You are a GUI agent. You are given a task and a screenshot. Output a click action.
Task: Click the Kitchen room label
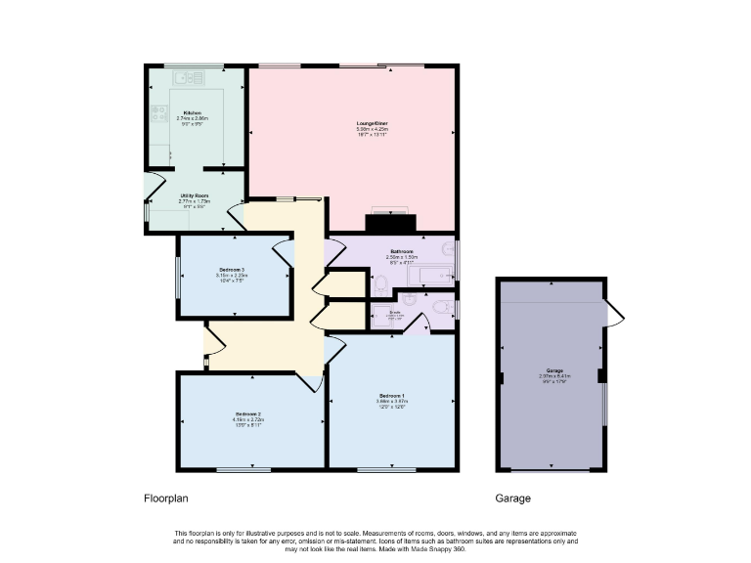[x=192, y=113]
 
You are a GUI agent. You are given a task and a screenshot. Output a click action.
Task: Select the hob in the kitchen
[x=157, y=116]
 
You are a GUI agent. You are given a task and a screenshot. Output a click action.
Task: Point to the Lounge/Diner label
[x=372, y=123]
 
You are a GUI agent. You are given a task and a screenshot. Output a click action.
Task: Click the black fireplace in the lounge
[x=390, y=223]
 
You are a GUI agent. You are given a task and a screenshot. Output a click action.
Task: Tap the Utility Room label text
[x=195, y=195]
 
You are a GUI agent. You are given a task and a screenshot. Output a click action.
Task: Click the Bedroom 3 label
[x=232, y=269]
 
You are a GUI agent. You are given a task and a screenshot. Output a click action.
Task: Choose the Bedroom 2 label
[x=246, y=413]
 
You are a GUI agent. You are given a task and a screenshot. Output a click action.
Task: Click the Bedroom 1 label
[x=391, y=395]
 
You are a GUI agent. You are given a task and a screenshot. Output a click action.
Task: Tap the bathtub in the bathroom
[x=431, y=277]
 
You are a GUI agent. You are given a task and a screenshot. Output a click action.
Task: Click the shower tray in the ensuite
[x=391, y=316]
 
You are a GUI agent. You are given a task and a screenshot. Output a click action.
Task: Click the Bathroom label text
[x=401, y=251]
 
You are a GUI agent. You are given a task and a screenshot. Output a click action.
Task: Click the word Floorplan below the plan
[x=163, y=498]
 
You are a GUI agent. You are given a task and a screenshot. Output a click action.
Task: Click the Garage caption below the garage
[x=512, y=498]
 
